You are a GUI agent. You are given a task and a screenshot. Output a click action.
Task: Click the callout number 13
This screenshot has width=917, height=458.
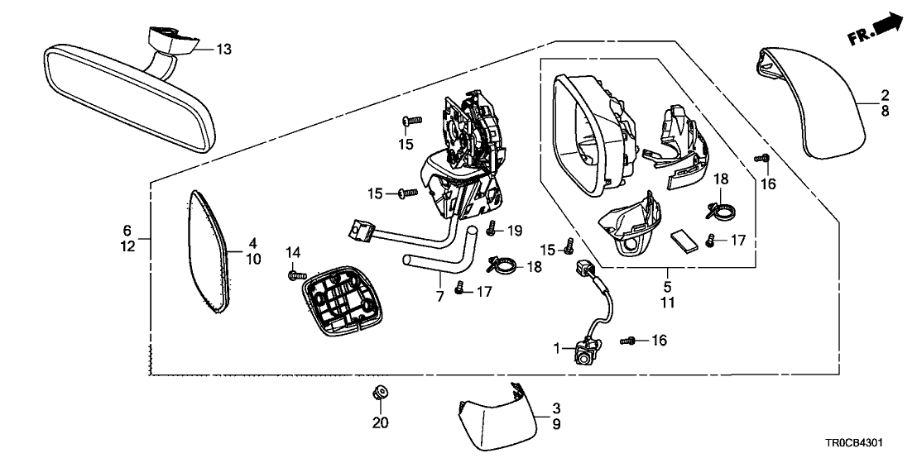224,50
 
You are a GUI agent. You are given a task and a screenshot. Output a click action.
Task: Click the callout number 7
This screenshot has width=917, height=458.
439,296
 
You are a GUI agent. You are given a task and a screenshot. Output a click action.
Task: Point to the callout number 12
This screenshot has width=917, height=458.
127,246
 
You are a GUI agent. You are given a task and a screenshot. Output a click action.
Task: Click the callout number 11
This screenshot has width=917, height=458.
667,303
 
